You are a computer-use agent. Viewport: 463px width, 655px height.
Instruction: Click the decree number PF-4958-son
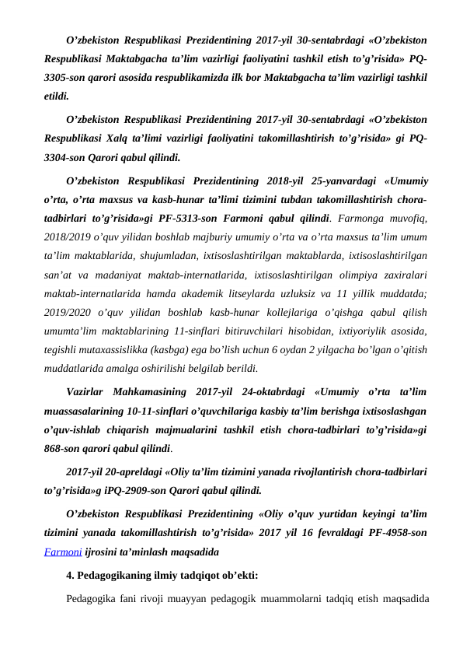point(403,536)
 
